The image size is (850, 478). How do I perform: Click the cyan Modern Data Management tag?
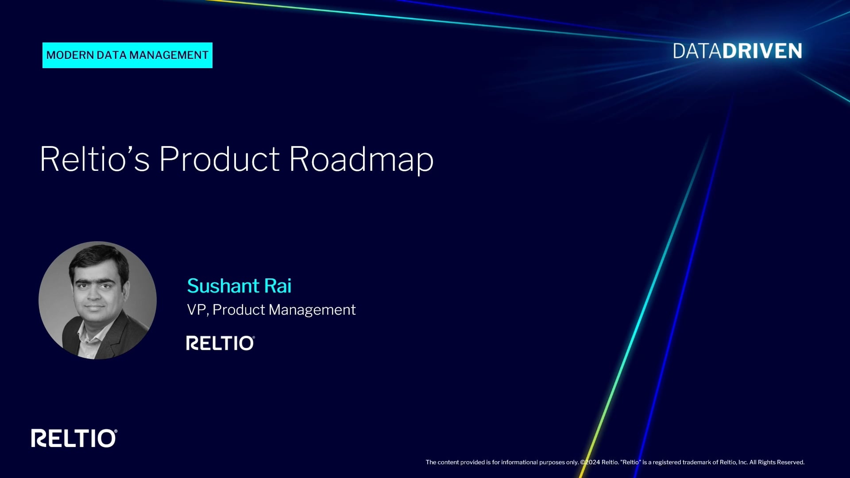tap(127, 55)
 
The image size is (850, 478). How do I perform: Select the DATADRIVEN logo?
tap(738, 51)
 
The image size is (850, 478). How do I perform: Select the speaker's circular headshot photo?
tap(97, 300)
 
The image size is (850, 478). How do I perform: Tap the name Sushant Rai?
tap(239, 286)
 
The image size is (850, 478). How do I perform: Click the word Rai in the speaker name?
tap(278, 286)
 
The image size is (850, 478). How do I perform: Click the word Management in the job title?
tap(312, 310)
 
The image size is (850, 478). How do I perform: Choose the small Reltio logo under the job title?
tap(220, 343)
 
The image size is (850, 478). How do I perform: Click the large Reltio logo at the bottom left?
tap(74, 438)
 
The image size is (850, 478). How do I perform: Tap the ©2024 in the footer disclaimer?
tap(590, 462)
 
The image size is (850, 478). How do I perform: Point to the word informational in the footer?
tap(519, 462)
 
